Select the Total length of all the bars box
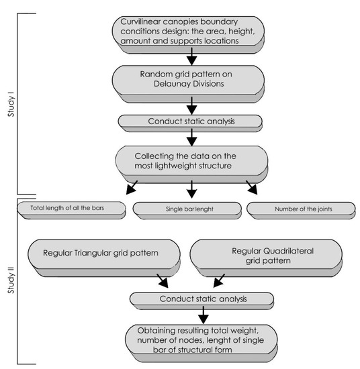[70, 209]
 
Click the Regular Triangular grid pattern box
[105, 254]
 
